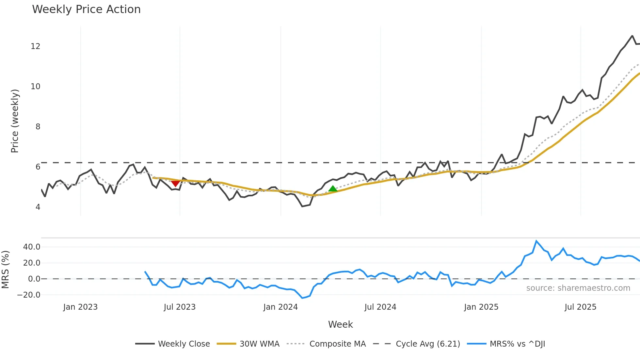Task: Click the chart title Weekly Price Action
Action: [x=86, y=9]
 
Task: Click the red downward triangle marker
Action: [x=175, y=183]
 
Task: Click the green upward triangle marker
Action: [x=333, y=189]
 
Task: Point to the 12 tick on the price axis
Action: [x=36, y=46]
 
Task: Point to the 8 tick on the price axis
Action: [x=38, y=127]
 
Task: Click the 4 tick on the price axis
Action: [x=38, y=207]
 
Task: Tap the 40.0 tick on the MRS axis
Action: [x=32, y=247]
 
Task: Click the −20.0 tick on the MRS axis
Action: [x=29, y=295]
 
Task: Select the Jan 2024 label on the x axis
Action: [x=280, y=307]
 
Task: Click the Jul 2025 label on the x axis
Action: [x=580, y=307]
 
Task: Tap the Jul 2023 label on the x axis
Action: [x=180, y=307]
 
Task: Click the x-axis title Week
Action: [x=340, y=324]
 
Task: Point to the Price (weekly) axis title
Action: [x=15, y=121]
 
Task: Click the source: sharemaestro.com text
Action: [x=578, y=288]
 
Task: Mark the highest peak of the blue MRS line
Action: [x=536, y=241]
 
